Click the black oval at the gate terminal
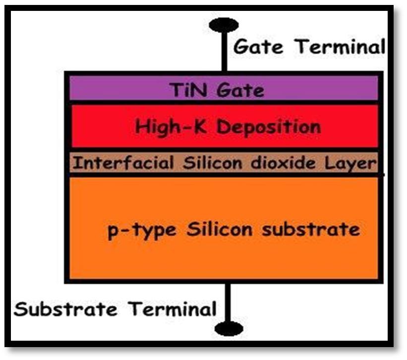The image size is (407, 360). click(224, 25)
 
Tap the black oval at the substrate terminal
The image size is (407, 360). click(229, 328)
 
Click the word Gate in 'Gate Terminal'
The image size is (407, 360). click(258, 47)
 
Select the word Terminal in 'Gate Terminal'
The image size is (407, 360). click(341, 47)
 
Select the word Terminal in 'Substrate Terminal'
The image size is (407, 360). click(173, 309)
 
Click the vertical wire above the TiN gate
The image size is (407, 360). click(225, 54)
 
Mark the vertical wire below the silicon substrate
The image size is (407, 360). click(228, 302)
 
